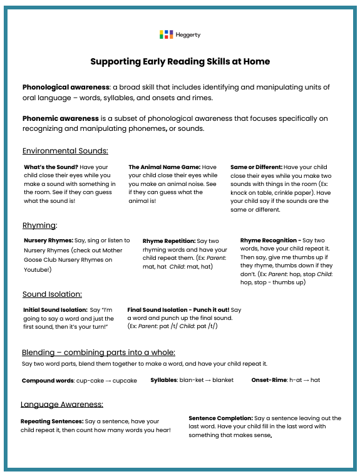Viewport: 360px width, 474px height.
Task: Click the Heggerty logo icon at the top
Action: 166,34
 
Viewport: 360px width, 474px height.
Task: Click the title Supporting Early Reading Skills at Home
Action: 180,61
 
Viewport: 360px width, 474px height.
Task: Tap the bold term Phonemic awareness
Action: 61,118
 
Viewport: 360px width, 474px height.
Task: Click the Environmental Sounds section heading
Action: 65,151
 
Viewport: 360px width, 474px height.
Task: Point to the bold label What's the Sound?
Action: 51,167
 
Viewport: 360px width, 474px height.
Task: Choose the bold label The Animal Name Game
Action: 164,167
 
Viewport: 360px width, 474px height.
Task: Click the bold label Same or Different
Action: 256,167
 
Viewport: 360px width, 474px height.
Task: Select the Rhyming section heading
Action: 39,225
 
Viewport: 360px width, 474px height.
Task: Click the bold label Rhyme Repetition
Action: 168,240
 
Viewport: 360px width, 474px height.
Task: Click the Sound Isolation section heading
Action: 52,294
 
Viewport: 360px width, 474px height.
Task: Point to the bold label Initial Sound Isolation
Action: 55,310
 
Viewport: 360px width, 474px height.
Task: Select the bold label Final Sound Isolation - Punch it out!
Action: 178,309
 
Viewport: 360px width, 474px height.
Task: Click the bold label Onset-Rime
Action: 269,380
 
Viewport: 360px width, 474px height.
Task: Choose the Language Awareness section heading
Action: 62,404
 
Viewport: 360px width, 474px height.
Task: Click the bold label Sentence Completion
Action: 220,418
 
